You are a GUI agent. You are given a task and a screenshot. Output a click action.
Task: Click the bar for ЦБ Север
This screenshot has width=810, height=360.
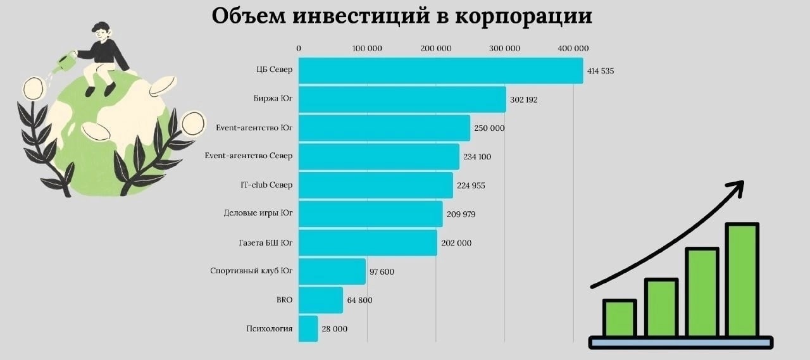(440, 70)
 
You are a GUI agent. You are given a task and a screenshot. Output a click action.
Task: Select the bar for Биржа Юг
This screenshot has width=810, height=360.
(402, 99)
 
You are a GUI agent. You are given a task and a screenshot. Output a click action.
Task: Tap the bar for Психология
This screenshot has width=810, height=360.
(308, 329)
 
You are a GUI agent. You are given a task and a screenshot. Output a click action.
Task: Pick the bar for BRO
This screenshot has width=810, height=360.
(320, 300)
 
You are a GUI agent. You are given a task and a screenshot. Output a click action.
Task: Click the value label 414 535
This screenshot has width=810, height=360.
(601, 71)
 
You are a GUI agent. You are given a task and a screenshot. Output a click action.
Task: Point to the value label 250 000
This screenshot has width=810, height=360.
(489, 128)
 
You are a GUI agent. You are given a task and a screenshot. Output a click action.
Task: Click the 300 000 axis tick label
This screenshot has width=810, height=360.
(504, 48)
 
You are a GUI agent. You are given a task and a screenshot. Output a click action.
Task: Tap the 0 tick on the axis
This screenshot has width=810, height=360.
(299, 48)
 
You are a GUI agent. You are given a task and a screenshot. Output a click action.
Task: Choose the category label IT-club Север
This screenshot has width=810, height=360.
(266, 185)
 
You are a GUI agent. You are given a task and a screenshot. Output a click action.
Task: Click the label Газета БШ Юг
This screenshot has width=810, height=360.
(267, 242)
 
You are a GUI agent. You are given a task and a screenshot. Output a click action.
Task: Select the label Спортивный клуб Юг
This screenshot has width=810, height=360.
(251, 271)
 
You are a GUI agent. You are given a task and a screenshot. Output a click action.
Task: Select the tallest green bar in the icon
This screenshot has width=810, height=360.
(742, 279)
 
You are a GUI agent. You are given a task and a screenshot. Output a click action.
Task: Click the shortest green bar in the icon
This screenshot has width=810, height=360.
(620, 318)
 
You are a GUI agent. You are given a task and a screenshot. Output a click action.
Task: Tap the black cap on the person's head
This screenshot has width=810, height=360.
(99, 27)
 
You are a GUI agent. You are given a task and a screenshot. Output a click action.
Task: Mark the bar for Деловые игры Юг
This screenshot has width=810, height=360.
(370, 214)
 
